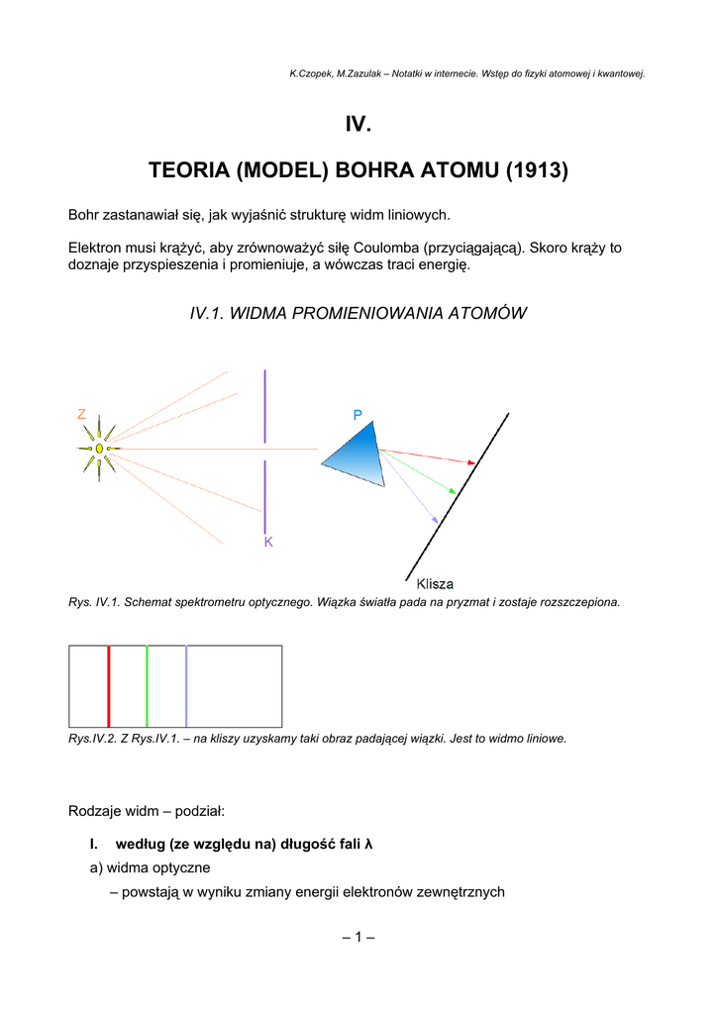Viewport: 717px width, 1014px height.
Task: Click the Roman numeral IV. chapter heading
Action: [x=358, y=125]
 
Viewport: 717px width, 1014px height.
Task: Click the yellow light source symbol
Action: [x=99, y=449]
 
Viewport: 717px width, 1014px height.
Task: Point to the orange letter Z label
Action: [x=82, y=414]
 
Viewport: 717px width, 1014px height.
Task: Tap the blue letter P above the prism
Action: [x=358, y=416]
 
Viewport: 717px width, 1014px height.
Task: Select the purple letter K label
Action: [x=268, y=543]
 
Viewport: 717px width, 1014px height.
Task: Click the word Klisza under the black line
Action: [x=435, y=584]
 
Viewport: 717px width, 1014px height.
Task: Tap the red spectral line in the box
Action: [x=108, y=686]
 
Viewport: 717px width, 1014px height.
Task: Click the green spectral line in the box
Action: [x=147, y=686]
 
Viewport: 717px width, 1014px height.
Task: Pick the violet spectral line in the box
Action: [x=186, y=686]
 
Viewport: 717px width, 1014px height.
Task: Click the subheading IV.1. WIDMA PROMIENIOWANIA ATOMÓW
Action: [x=358, y=313]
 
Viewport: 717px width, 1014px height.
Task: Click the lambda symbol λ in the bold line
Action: [x=368, y=845]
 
